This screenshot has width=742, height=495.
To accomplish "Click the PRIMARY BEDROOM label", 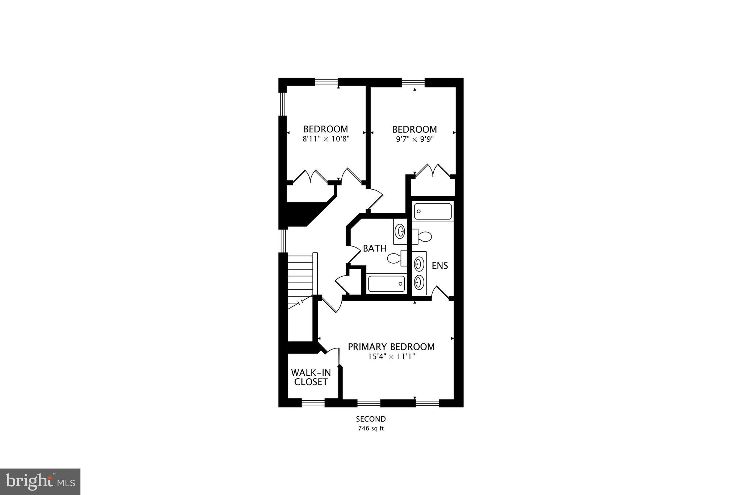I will [391, 347].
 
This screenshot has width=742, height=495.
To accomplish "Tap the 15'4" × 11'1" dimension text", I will [391, 357].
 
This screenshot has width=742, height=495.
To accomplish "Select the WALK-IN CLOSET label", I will [311, 378].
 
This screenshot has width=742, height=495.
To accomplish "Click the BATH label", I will [375, 249].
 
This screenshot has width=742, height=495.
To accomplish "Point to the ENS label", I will [440, 266].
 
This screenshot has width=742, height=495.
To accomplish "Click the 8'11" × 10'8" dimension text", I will [326, 139].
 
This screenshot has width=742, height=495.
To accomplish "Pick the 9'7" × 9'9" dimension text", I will [415, 139].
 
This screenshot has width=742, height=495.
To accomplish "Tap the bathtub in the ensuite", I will [433, 211].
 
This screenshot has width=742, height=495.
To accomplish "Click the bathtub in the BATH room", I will [386, 284].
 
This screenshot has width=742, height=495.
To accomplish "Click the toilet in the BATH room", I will [396, 258].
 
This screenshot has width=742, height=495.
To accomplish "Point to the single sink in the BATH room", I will [400, 231].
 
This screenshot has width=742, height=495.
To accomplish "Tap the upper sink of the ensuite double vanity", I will [419, 264].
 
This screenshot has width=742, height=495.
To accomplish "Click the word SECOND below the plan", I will [371, 419].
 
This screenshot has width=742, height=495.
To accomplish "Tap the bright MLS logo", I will [40, 482].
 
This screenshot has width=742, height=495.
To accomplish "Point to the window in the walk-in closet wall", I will [313, 403].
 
